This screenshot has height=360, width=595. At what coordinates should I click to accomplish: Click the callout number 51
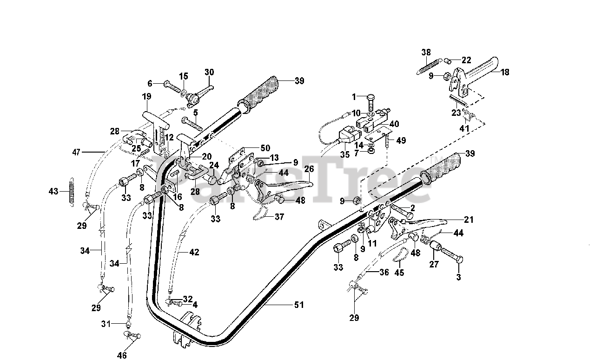pyautogui.click(x=298, y=305)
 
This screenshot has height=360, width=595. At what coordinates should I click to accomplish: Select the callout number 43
pyautogui.click(x=54, y=191)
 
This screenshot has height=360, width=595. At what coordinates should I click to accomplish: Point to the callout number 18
pyautogui.click(x=505, y=72)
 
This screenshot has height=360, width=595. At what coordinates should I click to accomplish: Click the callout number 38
pyautogui.click(x=426, y=52)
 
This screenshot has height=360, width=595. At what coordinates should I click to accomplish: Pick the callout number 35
pyautogui.click(x=344, y=155)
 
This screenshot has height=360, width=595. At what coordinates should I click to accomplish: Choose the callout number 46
pyautogui.click(x=122, y=356)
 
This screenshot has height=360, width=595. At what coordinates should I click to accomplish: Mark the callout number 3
pyautogui.click(x=459, y=277)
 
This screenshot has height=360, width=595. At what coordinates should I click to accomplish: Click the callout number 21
pyautogui.click(x=469, y=220)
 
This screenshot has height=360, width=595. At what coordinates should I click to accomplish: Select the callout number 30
pyautogui.click(x=209, y=72)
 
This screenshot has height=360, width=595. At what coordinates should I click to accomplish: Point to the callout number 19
pyautogui.click(x=146, y=97)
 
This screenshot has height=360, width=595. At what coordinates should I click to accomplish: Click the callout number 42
pyautogui.click(x=194, y=253)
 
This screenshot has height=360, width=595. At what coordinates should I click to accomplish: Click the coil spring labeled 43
pyautogui.click(x=72, y=191)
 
